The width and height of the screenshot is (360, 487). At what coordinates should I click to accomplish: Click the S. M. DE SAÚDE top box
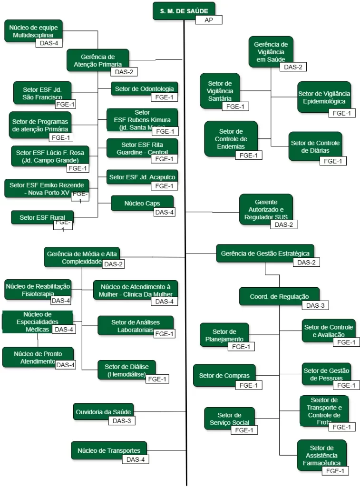(x=184, y=10)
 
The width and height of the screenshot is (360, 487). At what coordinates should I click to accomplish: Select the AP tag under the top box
(x=208, y=20)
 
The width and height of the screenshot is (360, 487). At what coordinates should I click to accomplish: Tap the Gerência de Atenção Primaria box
(x=97, y=59)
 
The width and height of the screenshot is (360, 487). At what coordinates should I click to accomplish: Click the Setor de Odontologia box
(x=145, y=88)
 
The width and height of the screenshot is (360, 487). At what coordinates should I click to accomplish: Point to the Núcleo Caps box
(x=142, y=203)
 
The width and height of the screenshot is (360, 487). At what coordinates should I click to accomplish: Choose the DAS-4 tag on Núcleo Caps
(x=164, y=212)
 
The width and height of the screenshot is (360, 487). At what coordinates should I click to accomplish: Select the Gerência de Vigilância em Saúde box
(x=271, y=51)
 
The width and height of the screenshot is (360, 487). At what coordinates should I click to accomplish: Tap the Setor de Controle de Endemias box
(x=231, y=138)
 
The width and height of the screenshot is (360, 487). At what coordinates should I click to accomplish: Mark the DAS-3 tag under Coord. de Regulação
(x=315, y=306)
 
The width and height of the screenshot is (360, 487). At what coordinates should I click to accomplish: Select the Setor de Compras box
(x=224, y=375)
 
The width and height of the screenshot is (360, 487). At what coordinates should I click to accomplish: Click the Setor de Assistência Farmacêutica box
(x=321, y=455)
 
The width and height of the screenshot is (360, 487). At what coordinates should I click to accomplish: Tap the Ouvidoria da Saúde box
(x=104, y=411)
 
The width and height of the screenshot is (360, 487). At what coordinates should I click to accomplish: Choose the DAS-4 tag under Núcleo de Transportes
(x=136, y=459)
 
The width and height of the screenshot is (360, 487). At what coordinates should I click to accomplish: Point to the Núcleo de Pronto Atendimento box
(x=38, y=357)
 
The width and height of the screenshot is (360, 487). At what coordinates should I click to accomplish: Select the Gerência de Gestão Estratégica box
(x=265, y=253)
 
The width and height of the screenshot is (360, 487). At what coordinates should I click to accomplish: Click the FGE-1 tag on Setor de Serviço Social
(x=244, y=430)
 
